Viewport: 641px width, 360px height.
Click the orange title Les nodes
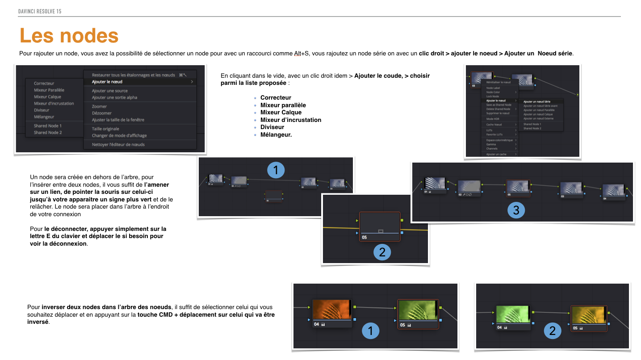pyautogui.click(x=69, y=36)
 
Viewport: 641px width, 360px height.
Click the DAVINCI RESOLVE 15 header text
pyautogui.click(x=40, y=11)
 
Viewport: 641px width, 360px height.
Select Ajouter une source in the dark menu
pyautogui.click(x=109, y=91)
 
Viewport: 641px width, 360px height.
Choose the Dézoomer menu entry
pyautogui.click(x=102, y=113)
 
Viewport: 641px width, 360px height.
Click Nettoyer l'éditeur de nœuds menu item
pyautogui.click(x=118, y=144)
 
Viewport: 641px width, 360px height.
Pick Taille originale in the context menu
pyautogui.click(x=105, y=129)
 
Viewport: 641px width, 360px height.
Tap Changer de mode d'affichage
pyautogui.click(x=119, y=135)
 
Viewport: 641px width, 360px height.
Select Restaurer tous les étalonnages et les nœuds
pyautogui.click(x=133, y=75)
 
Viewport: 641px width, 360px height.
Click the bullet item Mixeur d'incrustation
pyautogui.click(x=291, y=120)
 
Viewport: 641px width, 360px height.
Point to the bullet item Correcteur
pyautogui.click(x=276, y=97)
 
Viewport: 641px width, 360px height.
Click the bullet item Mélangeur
pyautogui.click(x=276, y=134)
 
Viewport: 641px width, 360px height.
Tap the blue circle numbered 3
pyautogui.click(x=516, y=210)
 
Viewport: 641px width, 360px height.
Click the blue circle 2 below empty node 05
pyautogui.click(x=382, y=252)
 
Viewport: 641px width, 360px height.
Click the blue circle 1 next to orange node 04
pyautogui.click(x=370, y=331)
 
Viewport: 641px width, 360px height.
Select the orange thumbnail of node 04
pyautogui.click(x=331, y=310)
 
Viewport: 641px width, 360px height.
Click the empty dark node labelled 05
pyautogui.click(x=380, y=223)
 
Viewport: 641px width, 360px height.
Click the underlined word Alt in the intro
pyautogui.click(x=297, y=54)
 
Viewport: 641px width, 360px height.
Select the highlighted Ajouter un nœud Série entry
pyautogui.click(x=536, y=101)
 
